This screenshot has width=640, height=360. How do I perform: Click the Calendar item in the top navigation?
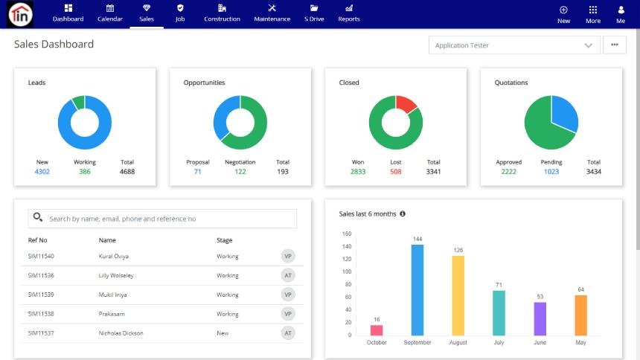tap(109, 13)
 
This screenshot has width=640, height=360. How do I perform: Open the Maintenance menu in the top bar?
tap(272, 13)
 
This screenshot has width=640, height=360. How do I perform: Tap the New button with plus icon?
tap(563, 13)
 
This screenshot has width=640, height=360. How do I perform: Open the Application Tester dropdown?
tap(514, 45)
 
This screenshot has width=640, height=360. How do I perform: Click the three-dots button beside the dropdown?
tap(614, 45)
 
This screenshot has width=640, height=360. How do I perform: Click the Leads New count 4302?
tap(42, 172)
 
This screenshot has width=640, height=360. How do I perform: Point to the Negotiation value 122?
tap(240, 172)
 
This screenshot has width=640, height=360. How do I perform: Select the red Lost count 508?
tap(395, 172)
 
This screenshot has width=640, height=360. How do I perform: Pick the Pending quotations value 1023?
tap(551, 172)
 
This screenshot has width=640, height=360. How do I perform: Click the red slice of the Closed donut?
tap(406, 104)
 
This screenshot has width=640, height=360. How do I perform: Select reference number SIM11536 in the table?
tap(41, 275)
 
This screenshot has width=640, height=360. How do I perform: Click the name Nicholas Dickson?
tap(121, 333)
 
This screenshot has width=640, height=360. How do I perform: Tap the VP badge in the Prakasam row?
tap(288, 314)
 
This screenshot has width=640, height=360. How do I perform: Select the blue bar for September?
tap(417, 290)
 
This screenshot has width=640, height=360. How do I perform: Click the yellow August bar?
tap(458, 295)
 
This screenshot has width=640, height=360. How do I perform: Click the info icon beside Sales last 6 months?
tap(403, 213)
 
